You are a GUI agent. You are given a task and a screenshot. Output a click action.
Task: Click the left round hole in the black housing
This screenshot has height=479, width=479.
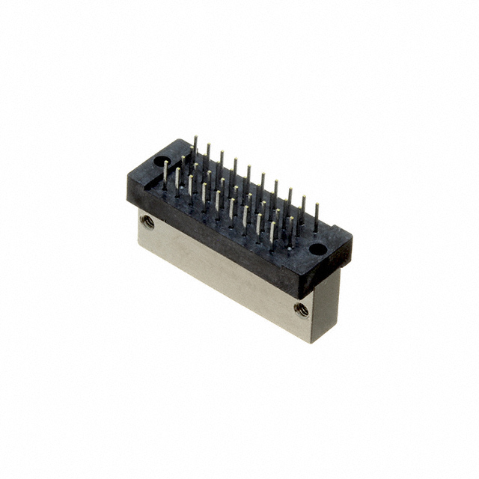(160, 161)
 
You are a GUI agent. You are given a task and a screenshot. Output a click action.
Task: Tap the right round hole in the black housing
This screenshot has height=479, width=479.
(317, 248)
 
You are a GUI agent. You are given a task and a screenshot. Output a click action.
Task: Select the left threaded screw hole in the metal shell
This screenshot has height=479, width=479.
(147, 222)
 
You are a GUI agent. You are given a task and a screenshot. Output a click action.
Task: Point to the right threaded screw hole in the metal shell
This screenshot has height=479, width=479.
(302, 309)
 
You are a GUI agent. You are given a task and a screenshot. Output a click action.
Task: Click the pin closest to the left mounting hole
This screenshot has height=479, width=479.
(165, 174)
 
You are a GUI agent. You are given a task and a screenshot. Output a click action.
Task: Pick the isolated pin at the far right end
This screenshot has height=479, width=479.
(316, 217)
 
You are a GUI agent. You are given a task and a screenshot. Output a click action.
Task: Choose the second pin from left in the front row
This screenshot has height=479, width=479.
(177, 180)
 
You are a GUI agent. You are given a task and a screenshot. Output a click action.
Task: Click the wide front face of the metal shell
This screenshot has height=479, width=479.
(225, 277)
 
